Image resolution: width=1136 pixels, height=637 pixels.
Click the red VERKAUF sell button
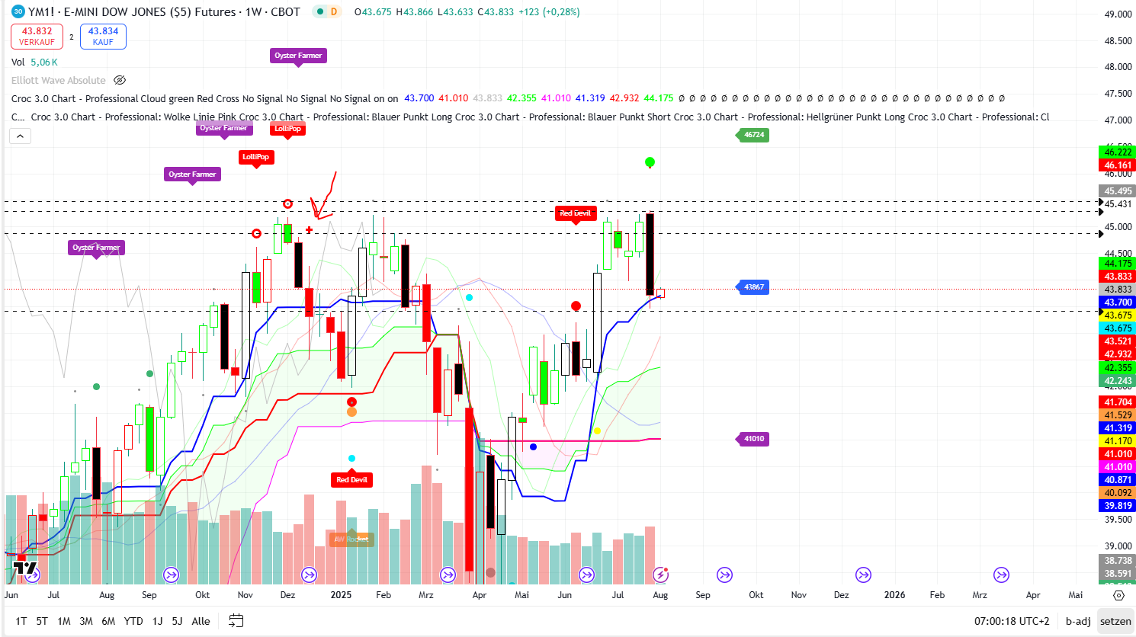coord(37,37)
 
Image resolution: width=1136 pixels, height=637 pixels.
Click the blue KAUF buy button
coord(103,37)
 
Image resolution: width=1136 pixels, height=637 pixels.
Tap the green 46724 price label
coord(753,135)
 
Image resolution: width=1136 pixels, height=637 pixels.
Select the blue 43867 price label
coord(753,287)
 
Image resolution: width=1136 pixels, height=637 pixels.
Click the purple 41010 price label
coord(753,439)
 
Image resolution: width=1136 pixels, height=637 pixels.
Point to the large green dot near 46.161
coord(650,162)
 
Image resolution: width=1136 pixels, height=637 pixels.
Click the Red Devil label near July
coord(575,213)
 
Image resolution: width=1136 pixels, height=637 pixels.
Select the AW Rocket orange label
coord(351,539)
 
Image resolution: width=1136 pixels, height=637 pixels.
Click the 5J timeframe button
coord(177,621)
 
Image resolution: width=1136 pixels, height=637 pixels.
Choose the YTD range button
coord(133,621)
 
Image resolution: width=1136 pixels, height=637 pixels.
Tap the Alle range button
coord(201,621)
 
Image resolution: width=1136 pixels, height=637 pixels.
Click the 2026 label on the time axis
coord(894,595)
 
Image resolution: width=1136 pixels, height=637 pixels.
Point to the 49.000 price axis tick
coord(1118,14)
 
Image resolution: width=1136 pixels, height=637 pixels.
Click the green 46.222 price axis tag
coord(1118,152)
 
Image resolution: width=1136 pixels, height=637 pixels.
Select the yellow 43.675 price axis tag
coord(1118,315)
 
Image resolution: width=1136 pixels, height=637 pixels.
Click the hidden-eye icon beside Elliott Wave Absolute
coord(120,80)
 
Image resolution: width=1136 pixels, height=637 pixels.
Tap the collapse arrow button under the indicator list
coord(20,136)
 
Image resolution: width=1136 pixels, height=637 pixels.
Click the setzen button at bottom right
coord(1115,621)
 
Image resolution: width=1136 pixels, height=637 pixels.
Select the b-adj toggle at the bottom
coord(1077,621)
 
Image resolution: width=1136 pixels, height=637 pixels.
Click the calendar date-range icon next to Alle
coord(236,621)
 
